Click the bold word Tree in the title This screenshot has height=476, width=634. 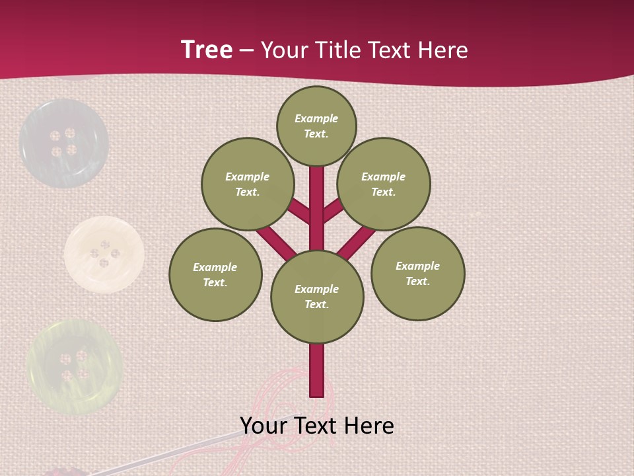pyautogui.click(x=207, y=50)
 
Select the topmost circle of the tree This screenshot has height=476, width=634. pyautogui.click(x=316, y=126)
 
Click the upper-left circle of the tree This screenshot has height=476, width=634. pyautogui.click(x=248, y=184)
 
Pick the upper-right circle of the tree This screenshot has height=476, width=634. pyautogui.click(x=384, y=184)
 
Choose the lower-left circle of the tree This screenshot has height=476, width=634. pyautogui.click(x=215, y=274)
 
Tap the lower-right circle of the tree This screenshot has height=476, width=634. pyautogui.click(x=418, y=273)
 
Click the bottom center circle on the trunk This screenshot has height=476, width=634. pyautogui.click(x=317, y=296)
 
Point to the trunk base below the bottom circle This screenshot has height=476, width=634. pyautogui.click(x=317, y=370)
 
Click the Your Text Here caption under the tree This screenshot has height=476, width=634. pyautogui.click(x=317, y=426)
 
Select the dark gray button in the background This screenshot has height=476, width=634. pyautogui.click(x=63, y=143)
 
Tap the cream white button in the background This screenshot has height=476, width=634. pyautogui.click(x=104, y=254)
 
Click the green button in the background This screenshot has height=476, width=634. pyautogui.click(x=74, y=367)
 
